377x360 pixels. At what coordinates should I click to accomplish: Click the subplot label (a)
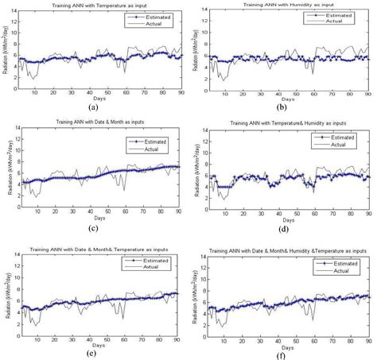point(94,107)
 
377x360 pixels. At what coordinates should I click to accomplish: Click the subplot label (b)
point(285,106)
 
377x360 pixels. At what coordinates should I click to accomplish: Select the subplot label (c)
point(94,230)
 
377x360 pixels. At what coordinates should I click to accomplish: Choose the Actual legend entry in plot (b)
point(347,21)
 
